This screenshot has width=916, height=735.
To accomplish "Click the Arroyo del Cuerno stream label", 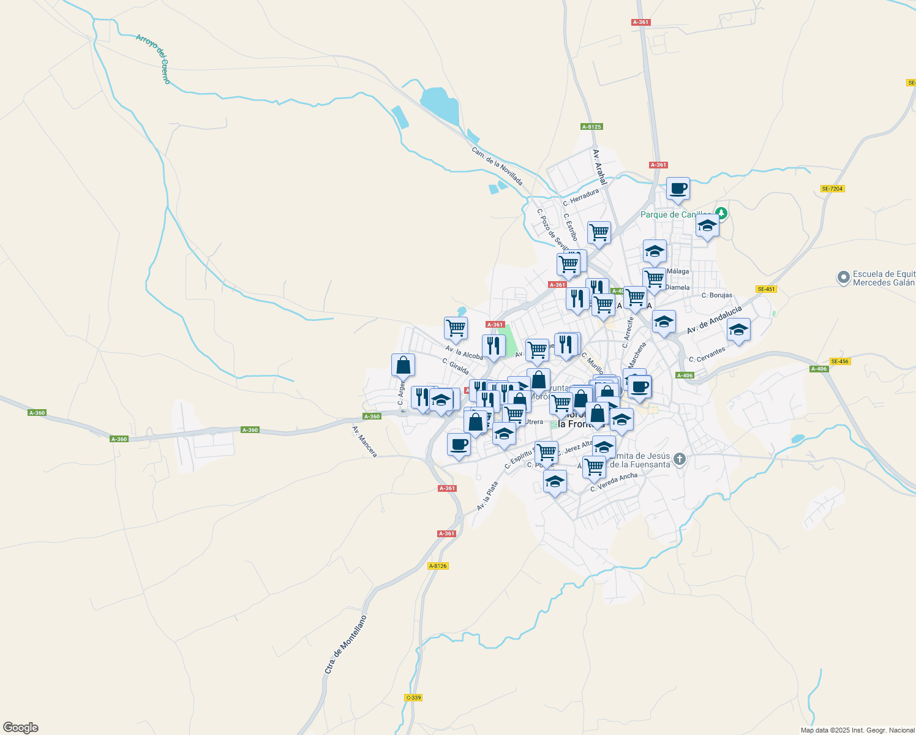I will pyautogui.click(x=153, y=59).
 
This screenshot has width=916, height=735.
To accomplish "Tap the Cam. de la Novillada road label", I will pyautogui.click(x=497, y=166).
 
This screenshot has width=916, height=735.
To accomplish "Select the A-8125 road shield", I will pyautogui.click(x=591, y=127).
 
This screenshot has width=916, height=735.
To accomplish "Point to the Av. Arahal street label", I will pyautogui.click(x=599, y=167).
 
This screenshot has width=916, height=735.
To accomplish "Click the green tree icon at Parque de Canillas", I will pyautogui.click(x=722, y=214).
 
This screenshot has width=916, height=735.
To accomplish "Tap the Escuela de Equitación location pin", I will pyautogui.click(x=844, y=278).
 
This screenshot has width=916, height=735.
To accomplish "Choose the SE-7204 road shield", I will pyautogui.click(x=833, y=189).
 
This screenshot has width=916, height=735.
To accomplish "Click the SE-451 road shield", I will pyautogui.click(x=766, y=289).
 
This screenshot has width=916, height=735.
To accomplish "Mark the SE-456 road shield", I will pyautogui.click(x=840, y=361).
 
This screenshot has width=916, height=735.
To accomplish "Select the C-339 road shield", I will pyautogui.click(x=414, y=698).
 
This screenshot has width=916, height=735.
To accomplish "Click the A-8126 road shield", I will pyautogui.click(x=438, y=566).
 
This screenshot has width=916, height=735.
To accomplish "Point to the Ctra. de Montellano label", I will pyautogui.click(x=345, y=645).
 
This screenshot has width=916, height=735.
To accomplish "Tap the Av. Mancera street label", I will pyautogui.click(x=364, y=441).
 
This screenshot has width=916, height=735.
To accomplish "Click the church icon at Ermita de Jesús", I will pyautogui.click(x=679, y=459).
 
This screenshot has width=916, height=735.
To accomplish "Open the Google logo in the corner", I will pyautogui.click(x=20, y=728).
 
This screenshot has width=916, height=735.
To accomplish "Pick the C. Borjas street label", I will pyautogui.click(x=716, y=295).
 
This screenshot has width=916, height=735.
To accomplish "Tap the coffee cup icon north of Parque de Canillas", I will pyautogui.click(x=678, y=189).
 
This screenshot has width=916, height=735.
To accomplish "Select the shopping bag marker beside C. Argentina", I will pyautogui.click(x=403, y=365).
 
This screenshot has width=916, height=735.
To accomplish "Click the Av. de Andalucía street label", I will pyautogui.click(x=713, y=320).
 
